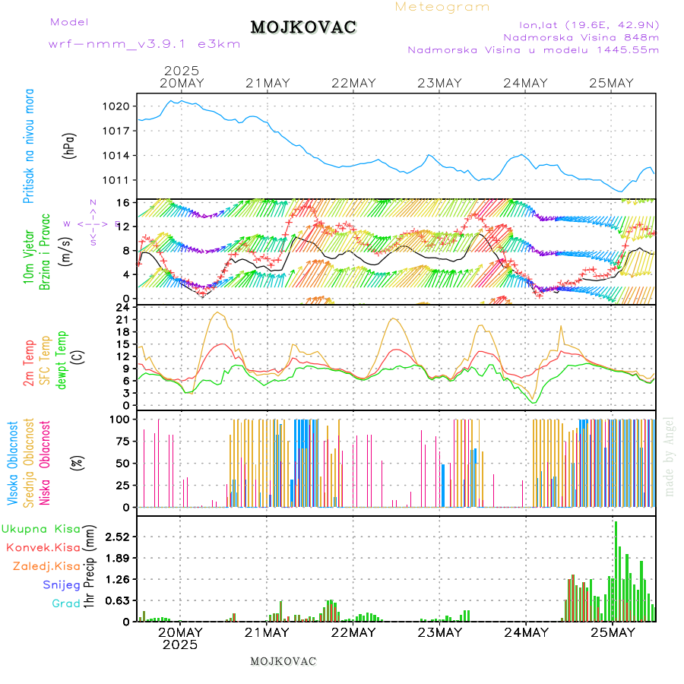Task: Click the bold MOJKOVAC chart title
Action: [x=303, y=27]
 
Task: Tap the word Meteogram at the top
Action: [x=442, y=7]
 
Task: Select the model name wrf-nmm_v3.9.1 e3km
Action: [x=144, y=44]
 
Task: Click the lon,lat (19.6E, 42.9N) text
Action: [x=588, y=24]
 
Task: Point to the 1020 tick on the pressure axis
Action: [x=121, y=106]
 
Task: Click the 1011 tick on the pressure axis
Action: [x=121, y=180]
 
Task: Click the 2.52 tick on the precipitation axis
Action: [x=117, y=537]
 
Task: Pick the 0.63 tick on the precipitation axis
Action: [x=117, y=600]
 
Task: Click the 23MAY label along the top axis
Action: [x=439, y=83]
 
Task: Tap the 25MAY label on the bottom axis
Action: [x=612, y=632]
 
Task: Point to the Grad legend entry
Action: [x=66, y=603]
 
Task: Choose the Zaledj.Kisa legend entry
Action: [x=46, y=565]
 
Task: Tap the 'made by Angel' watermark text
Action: [x=670, y=456]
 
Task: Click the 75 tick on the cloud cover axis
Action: [x=121, y=441]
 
